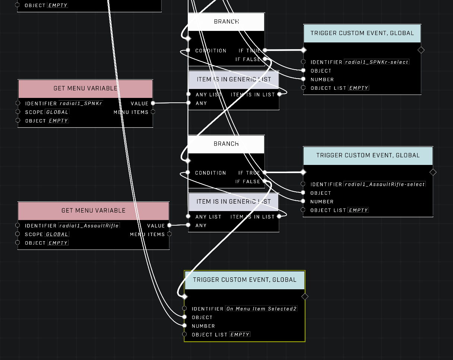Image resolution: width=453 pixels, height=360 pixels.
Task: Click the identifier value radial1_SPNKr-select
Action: pyautogui.click(x=377, y=62)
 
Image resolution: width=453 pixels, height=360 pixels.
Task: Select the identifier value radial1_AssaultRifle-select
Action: pyautogui.click(x=384, y=184)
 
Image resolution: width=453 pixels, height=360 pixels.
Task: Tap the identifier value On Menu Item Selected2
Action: pyautogui.click(x=261, y=309)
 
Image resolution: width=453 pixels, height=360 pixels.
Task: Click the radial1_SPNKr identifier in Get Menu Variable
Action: pyautogui.click(x=81, y=103)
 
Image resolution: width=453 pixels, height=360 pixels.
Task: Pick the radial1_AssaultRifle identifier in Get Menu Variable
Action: pyautogui.click(x=89, y=226)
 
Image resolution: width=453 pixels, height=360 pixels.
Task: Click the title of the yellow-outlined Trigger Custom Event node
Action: pyautogui.click(x=245, y=280)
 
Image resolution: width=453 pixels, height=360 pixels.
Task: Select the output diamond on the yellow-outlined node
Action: pyautogui.click(x=305, y=296)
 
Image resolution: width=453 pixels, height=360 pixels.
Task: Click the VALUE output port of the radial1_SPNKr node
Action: pyautogui.click(x=153, y=103)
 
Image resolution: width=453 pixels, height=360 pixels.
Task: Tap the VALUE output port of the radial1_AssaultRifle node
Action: pyautogui.click(x=170, y=225)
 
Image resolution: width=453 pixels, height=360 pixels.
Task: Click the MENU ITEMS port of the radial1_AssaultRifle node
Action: pyautogui.click(x=170, y=234)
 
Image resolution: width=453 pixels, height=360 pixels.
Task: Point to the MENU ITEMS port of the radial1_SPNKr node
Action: pyautogui.click(x=153, y=112)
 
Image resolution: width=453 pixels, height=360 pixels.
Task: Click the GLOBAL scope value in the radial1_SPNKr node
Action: pyautogui.click(x=57, y=112)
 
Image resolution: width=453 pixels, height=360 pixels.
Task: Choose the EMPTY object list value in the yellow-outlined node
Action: pyautogui.click(x=240, y=334)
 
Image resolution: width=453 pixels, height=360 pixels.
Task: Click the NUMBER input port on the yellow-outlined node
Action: pyautogui.click(x=184, y=325)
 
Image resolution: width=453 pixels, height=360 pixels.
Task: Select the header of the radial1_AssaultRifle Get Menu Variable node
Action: pyautogui.click(x=94, y=211)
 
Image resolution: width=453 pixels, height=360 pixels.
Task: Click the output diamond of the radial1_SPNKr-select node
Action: pyautogui.click(x=421, y=50)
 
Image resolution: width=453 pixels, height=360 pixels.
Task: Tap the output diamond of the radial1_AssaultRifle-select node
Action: pyautogui.click(x=433, y=172)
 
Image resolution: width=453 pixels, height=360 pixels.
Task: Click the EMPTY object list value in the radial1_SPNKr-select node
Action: pyautogui.click(x=359, y=88)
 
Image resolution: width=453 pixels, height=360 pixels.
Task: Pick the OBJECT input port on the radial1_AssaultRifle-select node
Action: pyautogui.click(x=303, y=192)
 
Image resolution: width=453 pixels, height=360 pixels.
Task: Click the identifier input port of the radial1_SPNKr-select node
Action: pyautogui.click(x=303, y=62)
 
